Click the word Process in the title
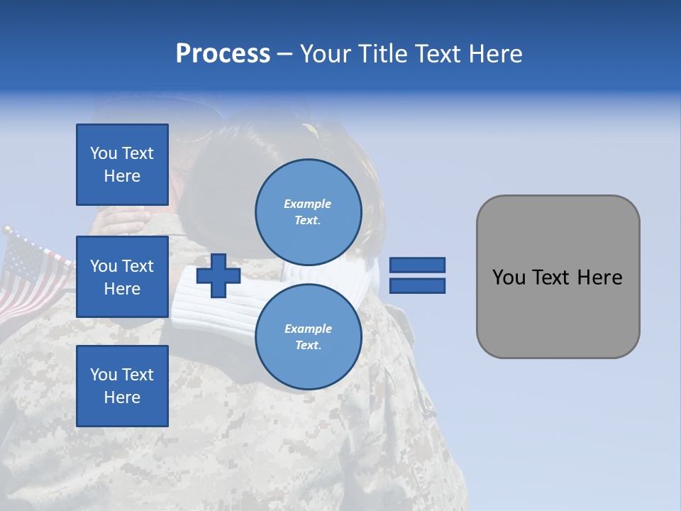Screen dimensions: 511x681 click(x=223, y=54)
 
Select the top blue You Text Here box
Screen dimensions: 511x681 click(x=122, y=165)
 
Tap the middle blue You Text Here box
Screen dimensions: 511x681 click(x=122, y=277)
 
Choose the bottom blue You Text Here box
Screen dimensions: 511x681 click(x=122, y=386)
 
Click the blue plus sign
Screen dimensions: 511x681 click(x=218, y=276)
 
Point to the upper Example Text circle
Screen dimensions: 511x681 click(x=308, y=211)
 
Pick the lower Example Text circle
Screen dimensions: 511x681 click(x=308, y=336)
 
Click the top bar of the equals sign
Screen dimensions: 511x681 click(x=418, y=265)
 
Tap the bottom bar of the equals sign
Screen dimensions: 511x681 click(x=418, y=286)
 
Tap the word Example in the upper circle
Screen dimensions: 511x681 click(x=308, y=204)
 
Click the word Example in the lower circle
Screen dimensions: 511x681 click(x=308, y=329)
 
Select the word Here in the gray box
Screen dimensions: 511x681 click(x=599, y=278)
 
